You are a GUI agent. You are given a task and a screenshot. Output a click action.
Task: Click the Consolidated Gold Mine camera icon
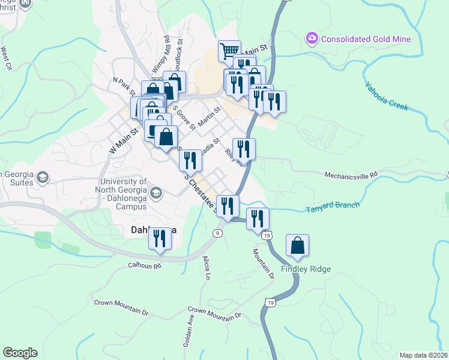(x=312, y=39)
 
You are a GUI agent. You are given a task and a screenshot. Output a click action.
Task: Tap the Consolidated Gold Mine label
(x=366, y=40)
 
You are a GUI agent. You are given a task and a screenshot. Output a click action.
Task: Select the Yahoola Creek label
(x=387, y=97)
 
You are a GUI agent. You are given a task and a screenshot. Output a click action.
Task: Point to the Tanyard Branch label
(x=333, y=206)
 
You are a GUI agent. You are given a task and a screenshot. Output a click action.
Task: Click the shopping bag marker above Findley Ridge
(x=297, y=246)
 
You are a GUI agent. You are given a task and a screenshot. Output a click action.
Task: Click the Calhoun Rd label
(x=145, y=265)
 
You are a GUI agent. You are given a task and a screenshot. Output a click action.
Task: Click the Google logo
(x=20, y=353)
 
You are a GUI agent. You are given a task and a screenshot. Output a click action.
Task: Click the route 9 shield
(x=217, y=233)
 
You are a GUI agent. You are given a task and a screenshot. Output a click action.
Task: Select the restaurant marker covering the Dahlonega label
(x=160, y=239)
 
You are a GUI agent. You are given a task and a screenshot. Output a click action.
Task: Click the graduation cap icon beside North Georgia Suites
(x=43, y=178)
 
